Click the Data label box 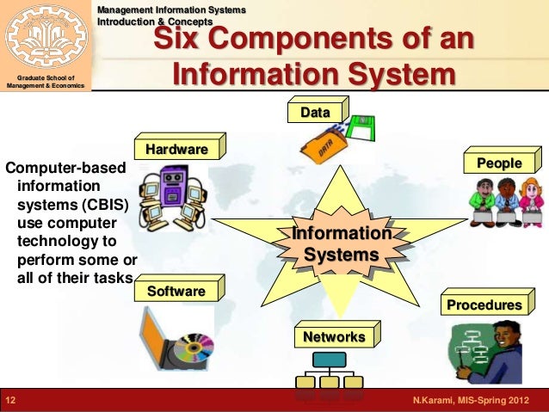[315, 113]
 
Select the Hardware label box [177, 150]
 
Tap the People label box [499, 163]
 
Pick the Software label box [176, 291]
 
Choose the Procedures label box [484, 304]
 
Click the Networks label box [334, 336]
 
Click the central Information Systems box [342, 244]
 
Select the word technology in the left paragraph [60, 241]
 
